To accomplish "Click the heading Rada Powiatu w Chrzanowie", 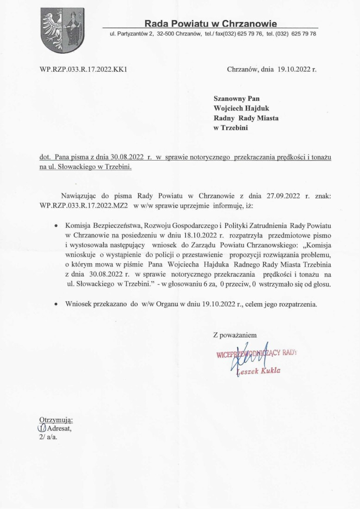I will coord(211,23).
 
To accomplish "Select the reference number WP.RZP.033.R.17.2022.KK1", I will coord(84,70).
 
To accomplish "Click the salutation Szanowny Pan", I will coord(236,98).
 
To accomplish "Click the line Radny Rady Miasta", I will coord(246,118).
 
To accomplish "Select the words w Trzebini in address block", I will coord(230,128).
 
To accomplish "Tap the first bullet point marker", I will coord(56,226).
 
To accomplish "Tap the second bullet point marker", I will coord(56,304).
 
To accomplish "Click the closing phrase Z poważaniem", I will coord(235,335).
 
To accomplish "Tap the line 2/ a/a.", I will coord(48,436).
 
